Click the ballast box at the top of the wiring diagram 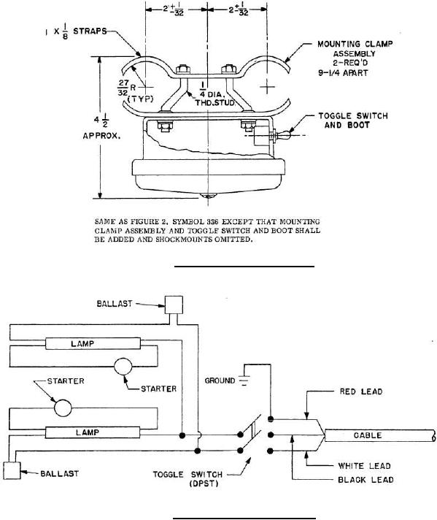[x=174, y=305]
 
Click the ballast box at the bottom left [x=12, y=470]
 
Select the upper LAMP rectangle [x=93, y=343]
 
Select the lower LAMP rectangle [x=93, y=433]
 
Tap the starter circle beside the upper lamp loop [x=123, y=367]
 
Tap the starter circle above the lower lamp [x=63, y=408]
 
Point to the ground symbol [x=244, y=381]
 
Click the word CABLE [x=368, y=435]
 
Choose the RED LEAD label [x=361, y=391]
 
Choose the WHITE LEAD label [x=364, y=466]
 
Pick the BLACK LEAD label [x=366, y=480]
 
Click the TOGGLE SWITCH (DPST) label [x=187, y=479]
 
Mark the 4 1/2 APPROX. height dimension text [x=101, y=128]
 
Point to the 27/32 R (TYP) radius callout [x=136, y=90]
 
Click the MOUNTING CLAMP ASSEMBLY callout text [x=355, y=58]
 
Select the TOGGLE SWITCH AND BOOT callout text [x=353, y=121]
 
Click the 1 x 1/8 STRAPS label [x=76, y=32]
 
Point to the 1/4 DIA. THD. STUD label [x=214, y=93]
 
